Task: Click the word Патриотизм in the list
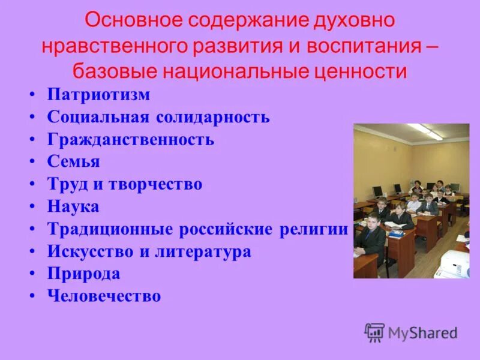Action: pyautogui.click(x=98, y=95)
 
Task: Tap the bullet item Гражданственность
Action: pyautogui.click(x=130, y=140)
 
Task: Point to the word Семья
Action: pyautogui.click(x=73, y=162)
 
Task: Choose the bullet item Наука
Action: pyautogui.click(x=73, y=207)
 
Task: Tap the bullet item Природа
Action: pyautogui.click(x=83, y=274)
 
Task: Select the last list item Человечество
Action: pyautogui.click(x=104, y=296)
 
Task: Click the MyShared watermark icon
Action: pyautogui.click(x=374, y=332)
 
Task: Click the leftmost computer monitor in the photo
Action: pyautogui.click(x=377, y=191)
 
